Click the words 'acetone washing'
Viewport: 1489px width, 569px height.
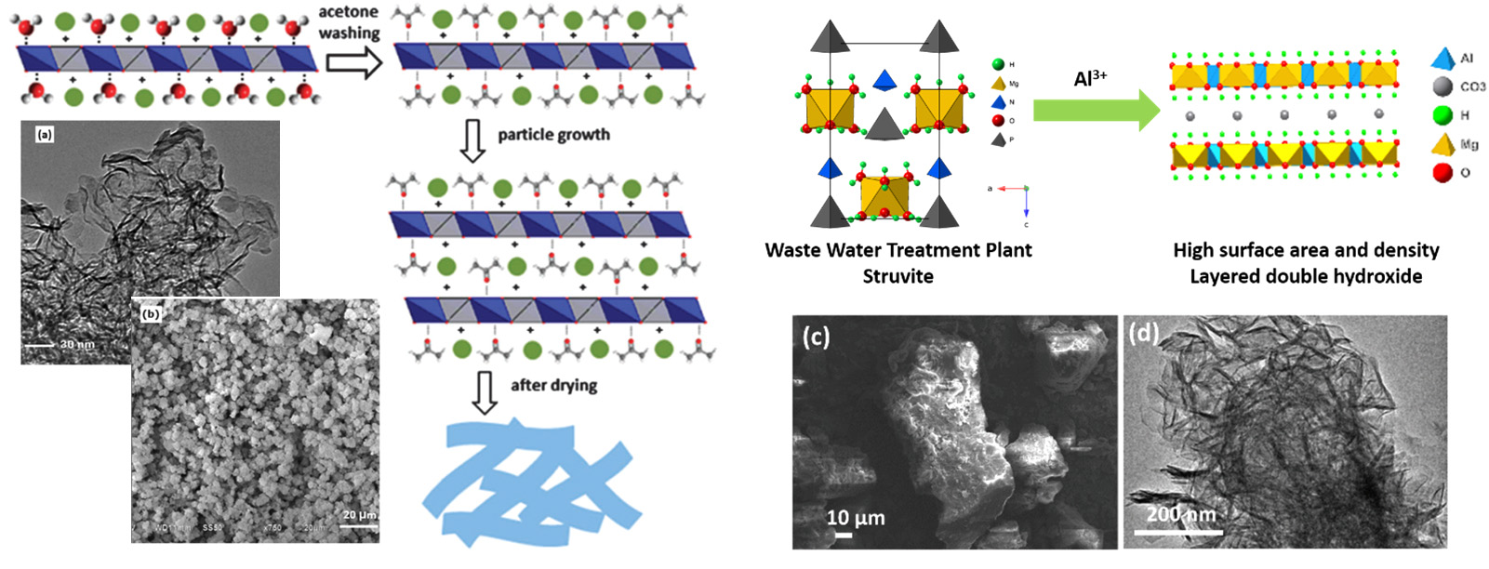[x=349, y=22]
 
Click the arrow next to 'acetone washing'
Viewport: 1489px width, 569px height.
[x=354, y=63]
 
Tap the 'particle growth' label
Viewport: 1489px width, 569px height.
[x=553, y=135]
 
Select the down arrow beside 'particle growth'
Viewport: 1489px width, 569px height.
[x=473, y=140]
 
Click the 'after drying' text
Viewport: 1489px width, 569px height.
[x=553, y=385]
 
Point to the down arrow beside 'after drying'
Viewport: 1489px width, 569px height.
[x=485, y=391]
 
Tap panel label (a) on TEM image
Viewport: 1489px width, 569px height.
[x=45, y=135]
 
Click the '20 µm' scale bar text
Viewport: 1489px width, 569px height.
[x=359, y=514]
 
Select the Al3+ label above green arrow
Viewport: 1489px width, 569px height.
[x=1090, y=79]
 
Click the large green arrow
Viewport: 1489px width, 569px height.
[x=1096, y=112]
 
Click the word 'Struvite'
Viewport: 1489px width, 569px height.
[x=897, y=276]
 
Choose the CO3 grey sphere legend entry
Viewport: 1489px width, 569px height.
[x=1443, y=86]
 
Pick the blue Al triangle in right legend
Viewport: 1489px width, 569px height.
[x=1442, y=59]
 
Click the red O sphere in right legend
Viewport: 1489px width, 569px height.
[x=1443, y=172]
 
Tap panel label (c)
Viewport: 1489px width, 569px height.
[x=816, y=336]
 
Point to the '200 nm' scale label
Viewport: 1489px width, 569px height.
[x=1180, y=513]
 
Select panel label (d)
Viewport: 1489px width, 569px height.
[x=1143, y=332]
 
